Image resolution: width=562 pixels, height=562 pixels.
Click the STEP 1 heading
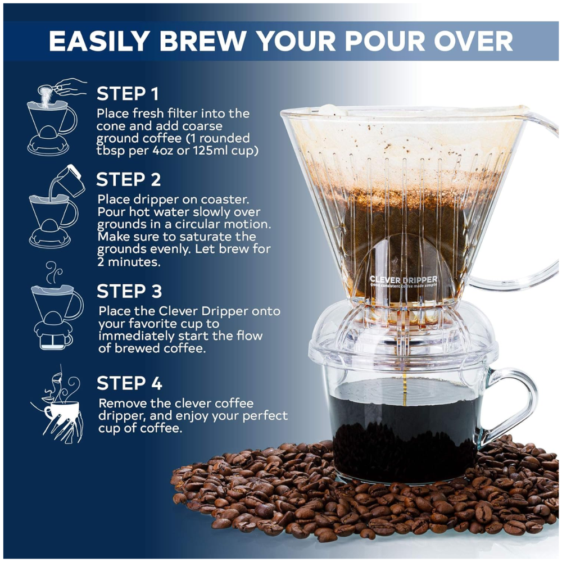[128, 93]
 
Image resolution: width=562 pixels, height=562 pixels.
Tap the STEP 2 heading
[128, 180]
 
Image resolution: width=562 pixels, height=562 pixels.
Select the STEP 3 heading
[129, 291]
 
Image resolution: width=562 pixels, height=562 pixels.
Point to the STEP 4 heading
[129, 383]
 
